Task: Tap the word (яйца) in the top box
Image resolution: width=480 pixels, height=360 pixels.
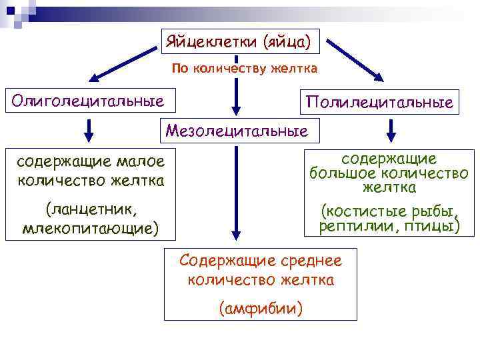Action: (287, 42)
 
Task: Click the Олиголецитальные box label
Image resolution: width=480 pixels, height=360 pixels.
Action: (84, 101)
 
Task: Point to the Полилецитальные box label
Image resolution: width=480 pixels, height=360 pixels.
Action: (379, 103)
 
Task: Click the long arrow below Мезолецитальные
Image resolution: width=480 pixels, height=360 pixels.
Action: (235, 193)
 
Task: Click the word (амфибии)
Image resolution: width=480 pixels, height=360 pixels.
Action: (261, 308)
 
